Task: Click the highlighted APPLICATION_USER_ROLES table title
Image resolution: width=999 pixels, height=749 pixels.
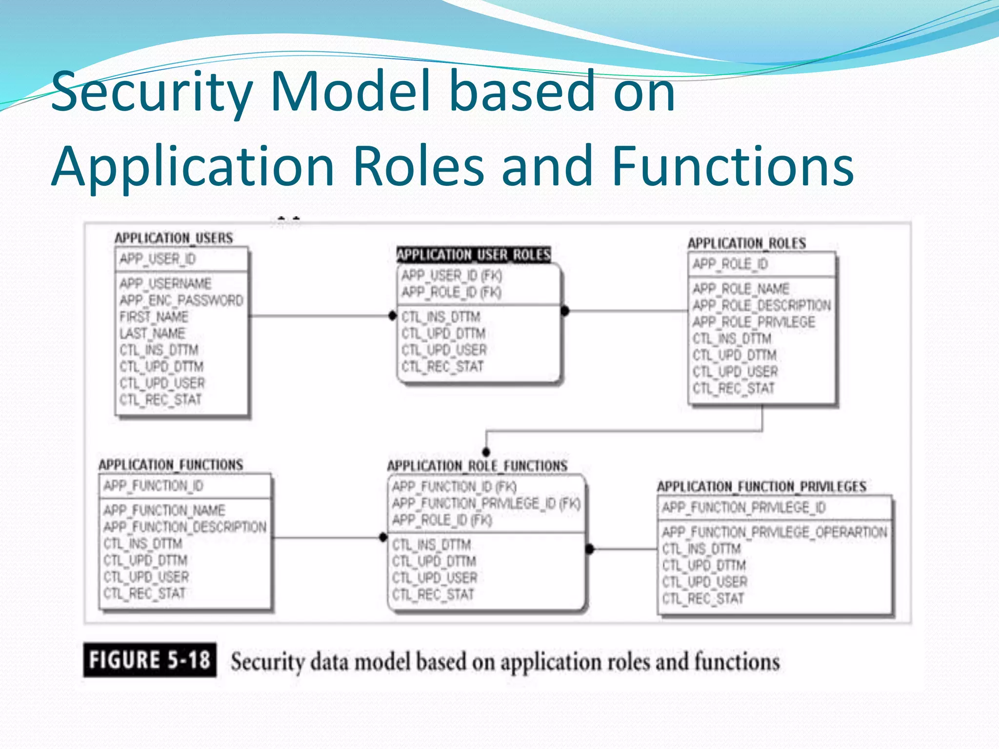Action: pos(473,255)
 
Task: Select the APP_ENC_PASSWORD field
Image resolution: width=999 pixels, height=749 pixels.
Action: pos(181,300)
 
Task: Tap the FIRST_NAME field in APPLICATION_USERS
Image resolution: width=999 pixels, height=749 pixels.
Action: pos(154,316)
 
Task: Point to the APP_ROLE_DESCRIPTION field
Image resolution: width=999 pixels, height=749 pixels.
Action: pos(761,305)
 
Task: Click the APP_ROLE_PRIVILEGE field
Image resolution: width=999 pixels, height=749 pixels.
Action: pos(754,322)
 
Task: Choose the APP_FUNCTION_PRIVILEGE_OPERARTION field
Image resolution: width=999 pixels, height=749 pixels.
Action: pos(774,532)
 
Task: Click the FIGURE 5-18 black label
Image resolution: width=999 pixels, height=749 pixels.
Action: pos(150,660)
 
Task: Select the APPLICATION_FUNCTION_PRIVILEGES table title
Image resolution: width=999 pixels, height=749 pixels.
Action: pos(761,487)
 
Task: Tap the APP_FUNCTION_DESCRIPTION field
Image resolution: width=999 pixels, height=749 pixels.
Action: pos(185,527)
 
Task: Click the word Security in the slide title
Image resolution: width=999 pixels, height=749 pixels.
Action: pos(151,92)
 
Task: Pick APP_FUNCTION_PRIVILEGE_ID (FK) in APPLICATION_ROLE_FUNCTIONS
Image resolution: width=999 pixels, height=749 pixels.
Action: pos(486,503)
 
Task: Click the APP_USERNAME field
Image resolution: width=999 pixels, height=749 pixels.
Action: pos(165,283)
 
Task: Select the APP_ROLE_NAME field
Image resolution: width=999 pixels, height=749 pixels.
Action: pos(740,289)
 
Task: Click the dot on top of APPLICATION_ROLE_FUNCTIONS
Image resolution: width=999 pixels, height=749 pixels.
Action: pos(486,452)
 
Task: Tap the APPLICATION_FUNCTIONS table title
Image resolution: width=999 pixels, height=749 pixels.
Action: pos(171,465)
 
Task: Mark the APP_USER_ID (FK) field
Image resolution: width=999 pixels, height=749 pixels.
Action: pos(451,276)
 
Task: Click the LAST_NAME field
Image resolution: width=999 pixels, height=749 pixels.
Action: pos(152,334)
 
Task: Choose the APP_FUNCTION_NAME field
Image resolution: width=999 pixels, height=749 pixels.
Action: pos(164,511)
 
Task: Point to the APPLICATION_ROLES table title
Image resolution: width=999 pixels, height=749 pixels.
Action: pos(746,243)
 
